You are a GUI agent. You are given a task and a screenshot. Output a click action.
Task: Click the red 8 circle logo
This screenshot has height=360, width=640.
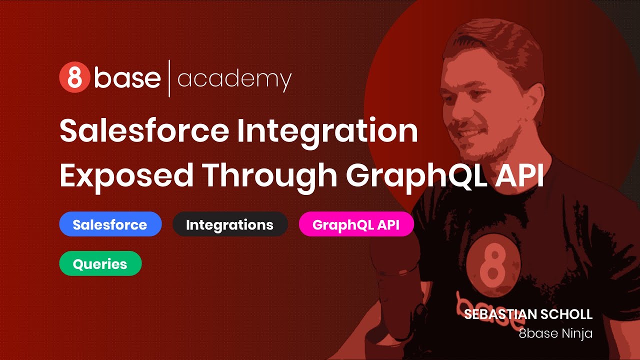pos(74,78)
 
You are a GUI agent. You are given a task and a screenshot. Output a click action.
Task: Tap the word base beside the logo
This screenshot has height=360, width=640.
pos(127,78)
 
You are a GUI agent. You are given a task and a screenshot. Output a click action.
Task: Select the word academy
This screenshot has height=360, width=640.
pos(234,79)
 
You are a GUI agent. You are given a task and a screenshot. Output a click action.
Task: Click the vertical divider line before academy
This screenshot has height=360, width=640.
pos(169,78)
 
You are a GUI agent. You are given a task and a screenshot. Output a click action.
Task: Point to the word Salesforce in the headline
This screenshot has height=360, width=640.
pos(144,131)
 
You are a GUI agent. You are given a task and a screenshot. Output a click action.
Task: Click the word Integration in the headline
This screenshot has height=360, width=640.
pos(327,131)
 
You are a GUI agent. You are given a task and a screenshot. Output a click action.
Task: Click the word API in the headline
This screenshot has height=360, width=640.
pos(518,175)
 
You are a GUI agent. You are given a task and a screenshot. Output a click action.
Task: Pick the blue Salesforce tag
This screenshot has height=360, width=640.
pos(110,224)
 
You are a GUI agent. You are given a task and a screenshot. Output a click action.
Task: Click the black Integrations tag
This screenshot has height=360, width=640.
pos(230,224)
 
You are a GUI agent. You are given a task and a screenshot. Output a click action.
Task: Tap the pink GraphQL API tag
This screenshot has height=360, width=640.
pos(356,224)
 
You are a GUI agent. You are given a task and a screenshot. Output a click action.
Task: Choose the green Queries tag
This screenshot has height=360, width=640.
pos(100,264)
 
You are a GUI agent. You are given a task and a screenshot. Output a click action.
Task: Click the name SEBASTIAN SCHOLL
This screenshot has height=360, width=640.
pos(528,314)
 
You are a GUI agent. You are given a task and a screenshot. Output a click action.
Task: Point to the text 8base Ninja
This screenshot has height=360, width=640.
pos(555,333)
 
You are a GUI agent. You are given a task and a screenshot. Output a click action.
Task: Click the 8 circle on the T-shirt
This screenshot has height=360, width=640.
pos(493,265)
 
